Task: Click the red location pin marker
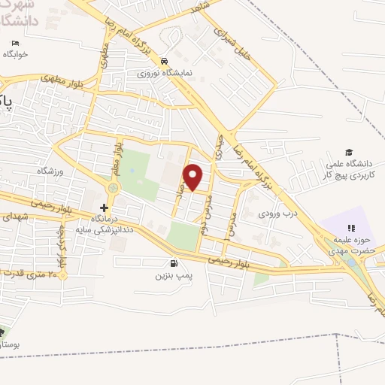[193, 176]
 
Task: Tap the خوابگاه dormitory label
[16, 54]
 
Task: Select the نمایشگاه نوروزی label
[164, 74]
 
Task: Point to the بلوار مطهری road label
[59, 78]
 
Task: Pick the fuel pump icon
[174, 263]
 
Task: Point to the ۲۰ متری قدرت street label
[32, 274]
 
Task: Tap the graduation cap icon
[348, 152]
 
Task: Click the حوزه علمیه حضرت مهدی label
[350, 244]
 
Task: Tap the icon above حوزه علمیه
[350, 228]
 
